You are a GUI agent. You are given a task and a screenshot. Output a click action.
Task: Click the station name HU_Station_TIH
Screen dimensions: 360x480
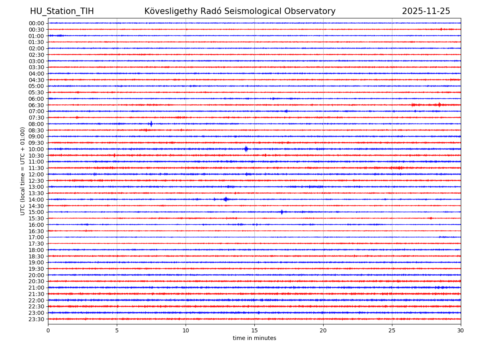(62, 11)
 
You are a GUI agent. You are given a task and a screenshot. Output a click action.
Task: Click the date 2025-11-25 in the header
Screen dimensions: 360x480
(426, 11)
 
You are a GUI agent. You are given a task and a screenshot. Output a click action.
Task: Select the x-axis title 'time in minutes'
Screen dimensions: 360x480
(254, 338)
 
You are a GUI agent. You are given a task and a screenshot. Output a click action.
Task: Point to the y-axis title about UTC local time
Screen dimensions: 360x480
(23, 171)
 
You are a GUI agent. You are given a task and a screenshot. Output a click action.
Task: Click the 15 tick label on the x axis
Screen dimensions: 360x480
(254, 331)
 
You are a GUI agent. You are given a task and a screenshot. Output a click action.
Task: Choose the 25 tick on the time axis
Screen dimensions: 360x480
(392, 331)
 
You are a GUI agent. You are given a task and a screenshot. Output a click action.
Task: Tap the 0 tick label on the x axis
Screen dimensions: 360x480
(48, 331)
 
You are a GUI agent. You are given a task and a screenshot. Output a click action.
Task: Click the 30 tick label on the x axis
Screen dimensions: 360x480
(461, 331)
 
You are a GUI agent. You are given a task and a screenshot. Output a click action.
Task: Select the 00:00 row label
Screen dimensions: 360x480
(36, 23)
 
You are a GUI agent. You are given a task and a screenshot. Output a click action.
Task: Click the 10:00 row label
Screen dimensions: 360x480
(36, 149)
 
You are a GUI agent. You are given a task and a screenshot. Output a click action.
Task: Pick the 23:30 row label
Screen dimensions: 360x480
(36, 319)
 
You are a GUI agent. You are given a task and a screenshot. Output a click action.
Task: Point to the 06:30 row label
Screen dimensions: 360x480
(36, 105)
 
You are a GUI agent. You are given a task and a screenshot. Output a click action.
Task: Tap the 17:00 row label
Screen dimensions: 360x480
(36, 237)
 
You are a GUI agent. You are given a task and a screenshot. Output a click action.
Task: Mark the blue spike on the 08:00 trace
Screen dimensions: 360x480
(151, 124)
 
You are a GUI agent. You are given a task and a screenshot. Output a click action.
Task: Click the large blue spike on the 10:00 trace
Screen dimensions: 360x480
(246, 149)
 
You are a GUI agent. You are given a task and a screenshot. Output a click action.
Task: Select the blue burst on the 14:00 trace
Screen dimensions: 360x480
(226, 199)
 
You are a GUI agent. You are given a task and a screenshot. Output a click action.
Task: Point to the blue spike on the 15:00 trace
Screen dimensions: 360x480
(282, 212)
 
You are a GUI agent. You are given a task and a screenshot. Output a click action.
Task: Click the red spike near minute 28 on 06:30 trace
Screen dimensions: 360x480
(439, 105)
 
